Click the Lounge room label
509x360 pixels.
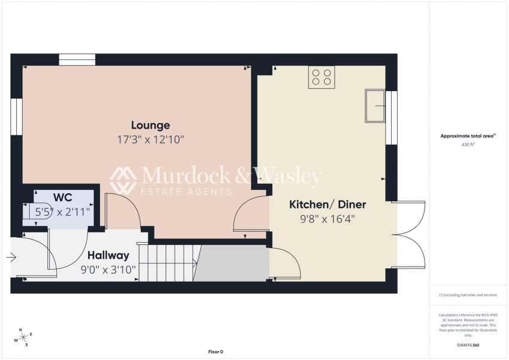151,125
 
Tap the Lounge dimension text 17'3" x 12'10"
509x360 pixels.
151,140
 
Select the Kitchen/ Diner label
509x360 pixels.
328,204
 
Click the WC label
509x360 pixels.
63,198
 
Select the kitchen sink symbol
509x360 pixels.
376,105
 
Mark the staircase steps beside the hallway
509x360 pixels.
172,262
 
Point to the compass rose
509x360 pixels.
23,337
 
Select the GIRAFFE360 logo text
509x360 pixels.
468,346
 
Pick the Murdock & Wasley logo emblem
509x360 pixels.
123,180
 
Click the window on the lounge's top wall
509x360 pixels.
77,59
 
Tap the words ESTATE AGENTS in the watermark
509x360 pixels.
186,192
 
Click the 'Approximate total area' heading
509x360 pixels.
466,136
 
